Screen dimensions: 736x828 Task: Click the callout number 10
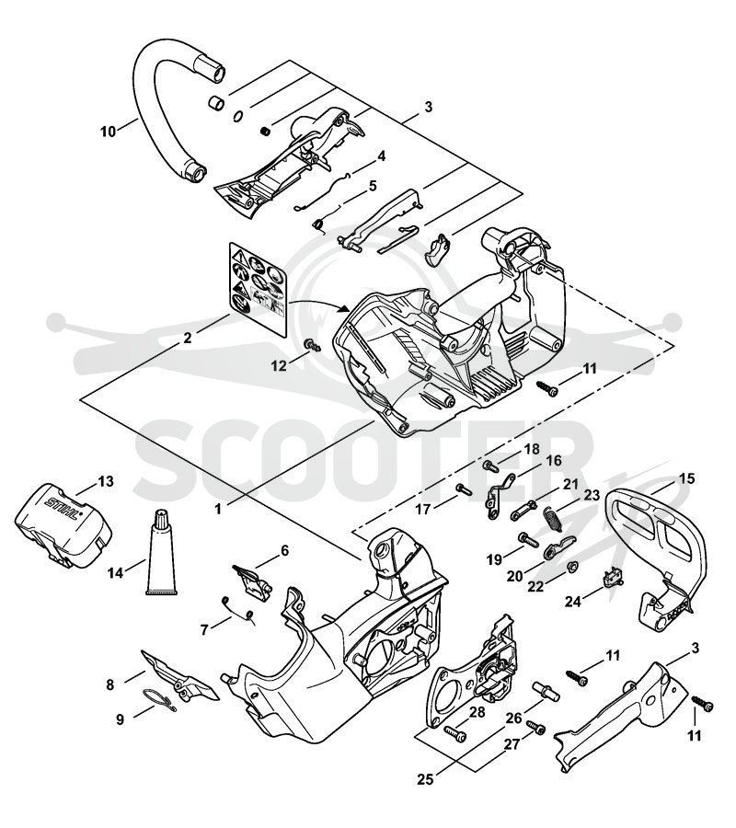[x=109, y=131]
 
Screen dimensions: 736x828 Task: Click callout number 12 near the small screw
[x=280, y=365]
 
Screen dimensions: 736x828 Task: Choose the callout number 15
[x=687, y=479]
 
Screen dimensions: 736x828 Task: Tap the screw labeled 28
[x=454, y=733]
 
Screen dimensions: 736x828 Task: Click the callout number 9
[x=121, y=719]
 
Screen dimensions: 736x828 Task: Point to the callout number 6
[x=284, y=551]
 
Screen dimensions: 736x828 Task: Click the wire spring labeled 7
[x=237, y=607]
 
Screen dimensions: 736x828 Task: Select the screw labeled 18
[x=490, y=466]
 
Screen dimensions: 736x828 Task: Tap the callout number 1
[x=219, y=509]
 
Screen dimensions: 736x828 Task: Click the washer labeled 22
[x=571, y=568]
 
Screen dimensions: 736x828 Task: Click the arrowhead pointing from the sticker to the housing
[x=345, y=309]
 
